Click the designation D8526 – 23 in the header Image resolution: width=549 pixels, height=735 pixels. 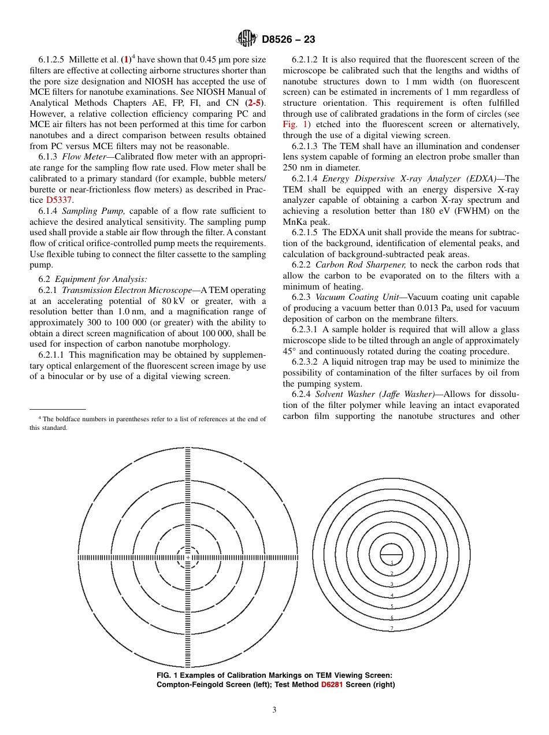pos(288,39)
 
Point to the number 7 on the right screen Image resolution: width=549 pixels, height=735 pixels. pos(392,628)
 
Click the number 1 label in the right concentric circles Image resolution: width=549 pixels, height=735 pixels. pos(392,562)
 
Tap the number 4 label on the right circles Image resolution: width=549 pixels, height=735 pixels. pos(392,595)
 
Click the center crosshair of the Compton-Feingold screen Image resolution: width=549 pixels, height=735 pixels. pos(187,558)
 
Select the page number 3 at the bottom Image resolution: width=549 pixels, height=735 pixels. pos(274,710)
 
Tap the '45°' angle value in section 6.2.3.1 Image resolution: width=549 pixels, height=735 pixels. pos(289,351)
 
